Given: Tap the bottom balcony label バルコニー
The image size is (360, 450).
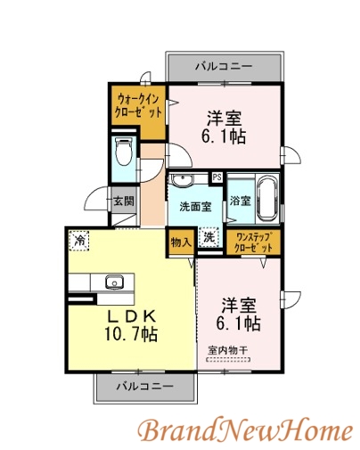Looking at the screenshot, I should click(x=143, y=387).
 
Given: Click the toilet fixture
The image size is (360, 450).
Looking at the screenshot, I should click(x=125, y=152).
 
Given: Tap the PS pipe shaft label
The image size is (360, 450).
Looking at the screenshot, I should click(x=217, y=177).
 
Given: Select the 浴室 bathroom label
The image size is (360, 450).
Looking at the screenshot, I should click(x=239, y=201).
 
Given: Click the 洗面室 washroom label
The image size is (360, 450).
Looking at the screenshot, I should click(x=194, y=207).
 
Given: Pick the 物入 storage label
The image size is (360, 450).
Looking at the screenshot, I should click(x=181, y=240).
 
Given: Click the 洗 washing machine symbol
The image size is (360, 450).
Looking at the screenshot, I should click(x=208, y=238).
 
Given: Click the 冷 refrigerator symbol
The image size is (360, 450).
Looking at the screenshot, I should click(x=80, y=241).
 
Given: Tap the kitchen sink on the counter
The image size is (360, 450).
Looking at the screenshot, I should click(x=113, y=284).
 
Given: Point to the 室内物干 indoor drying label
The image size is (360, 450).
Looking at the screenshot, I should click(x=229, y=349).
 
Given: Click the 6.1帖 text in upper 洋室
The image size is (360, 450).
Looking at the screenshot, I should click(x=224, y=136).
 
